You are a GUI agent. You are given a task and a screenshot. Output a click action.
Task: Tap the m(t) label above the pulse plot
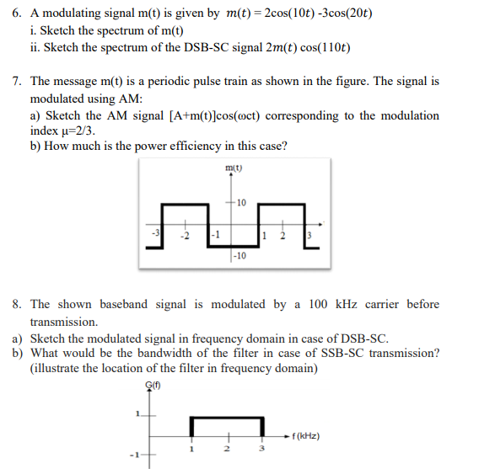[x=234, y=168]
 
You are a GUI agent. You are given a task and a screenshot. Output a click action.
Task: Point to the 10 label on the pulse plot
[x=241, y=203]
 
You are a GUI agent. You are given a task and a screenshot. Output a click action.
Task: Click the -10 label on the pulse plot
[x=240, y=255]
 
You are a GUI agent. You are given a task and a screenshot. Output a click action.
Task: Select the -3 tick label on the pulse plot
[x=153, y=232]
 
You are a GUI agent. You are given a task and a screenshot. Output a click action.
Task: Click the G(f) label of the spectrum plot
[x=153, y=386]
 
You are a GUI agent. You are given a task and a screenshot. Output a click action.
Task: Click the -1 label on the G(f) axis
[x=132, y=457]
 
